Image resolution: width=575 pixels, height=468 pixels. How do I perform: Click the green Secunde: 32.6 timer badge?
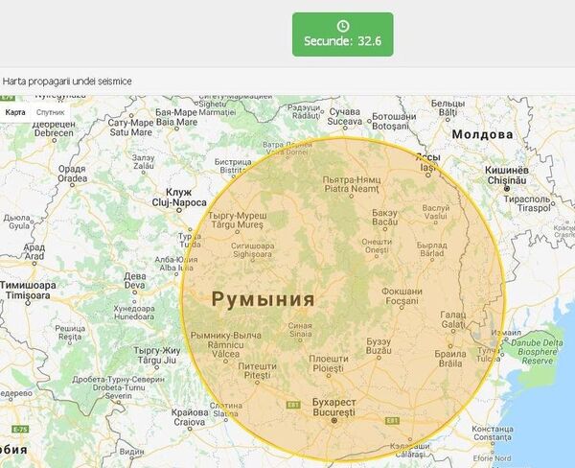(342, 35)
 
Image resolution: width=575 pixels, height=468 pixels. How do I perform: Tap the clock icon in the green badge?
(342, 26)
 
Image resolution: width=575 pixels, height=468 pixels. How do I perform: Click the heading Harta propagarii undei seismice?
(67, 81)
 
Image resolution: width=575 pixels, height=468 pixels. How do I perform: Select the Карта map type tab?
(15, 112)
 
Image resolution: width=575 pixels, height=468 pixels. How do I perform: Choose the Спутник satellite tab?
(50, 112)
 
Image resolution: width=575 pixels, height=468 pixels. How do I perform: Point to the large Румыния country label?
(263, 299)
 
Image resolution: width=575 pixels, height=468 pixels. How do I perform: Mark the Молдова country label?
(484, 134)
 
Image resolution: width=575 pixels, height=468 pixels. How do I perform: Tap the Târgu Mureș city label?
(238, 221)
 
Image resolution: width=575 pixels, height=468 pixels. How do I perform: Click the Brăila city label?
(449, 358)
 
